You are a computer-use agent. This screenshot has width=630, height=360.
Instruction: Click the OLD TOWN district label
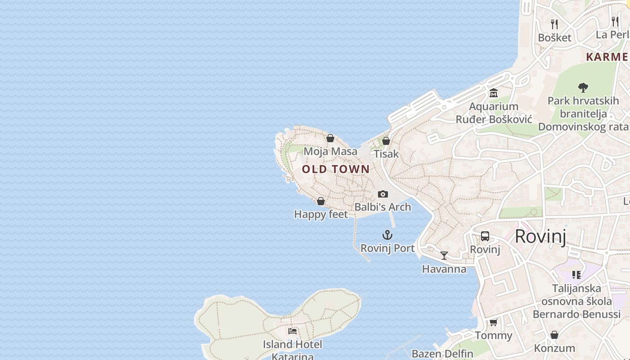pyautogui.click(x=336, y=169)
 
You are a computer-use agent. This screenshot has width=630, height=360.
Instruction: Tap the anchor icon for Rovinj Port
pyautogui.click(x=387, y=235)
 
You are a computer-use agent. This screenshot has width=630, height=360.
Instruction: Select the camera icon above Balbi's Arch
pyautogui.click(x=383, y=194)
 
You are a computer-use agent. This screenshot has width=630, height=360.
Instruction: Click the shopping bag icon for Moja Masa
pyautogui.click(x=330, y=138)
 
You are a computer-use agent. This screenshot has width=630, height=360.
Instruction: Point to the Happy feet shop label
pyautogui.click(x=321, y=214)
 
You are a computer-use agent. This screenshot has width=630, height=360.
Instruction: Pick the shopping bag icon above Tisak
pyautogui.click(x=386, y=141)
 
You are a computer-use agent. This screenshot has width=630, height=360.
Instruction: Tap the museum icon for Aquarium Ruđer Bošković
pyautogui.click(x=494, y=93)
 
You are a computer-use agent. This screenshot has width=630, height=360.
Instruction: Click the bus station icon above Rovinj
pyautogui.click(x=485, y=236)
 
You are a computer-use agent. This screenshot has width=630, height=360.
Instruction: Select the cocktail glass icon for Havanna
pyautogui.click(x=444, y=256)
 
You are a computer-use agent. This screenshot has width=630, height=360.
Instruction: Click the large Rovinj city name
pyautogui.click(x=540, y=236)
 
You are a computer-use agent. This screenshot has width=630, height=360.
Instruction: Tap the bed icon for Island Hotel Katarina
pyautogui.click(x=292, y=331)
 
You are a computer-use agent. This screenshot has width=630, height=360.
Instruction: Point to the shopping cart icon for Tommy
pyautogui.click(x=494, y=322)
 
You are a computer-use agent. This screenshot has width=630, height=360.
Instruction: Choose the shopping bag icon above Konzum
pyautogui.click(x=554, y=335)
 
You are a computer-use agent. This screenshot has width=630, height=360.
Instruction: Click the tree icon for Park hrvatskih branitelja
pyautogui.click(x=583, y=87)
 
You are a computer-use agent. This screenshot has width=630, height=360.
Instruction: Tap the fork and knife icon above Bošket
pyautogui.click(x=554, y=24)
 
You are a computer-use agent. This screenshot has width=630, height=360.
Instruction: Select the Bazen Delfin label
pyautogui.click(x=442, y=354)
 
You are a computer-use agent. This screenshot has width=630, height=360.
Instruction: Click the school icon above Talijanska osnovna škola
pyautogui.click(x=576, y=274)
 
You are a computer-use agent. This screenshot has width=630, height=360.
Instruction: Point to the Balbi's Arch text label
pyautogui.click(x=383, y=207)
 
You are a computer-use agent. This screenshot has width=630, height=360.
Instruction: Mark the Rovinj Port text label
pyautogui.click(x=387, y=248)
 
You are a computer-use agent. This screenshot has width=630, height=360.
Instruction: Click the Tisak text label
pyautogui.click(x=386, y=154)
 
